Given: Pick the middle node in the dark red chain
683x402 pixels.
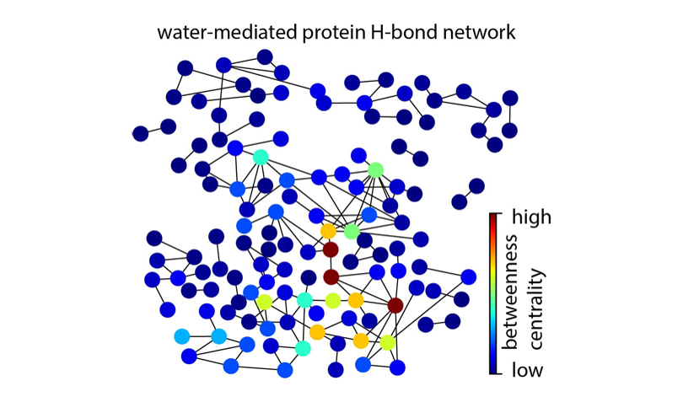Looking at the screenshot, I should [x=331, y=276].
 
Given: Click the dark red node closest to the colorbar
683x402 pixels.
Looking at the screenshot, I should [x=395, y=305].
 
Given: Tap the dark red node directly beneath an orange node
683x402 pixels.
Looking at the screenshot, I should [x=331, y=249].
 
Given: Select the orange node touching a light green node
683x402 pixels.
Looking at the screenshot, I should [x=328, y=230].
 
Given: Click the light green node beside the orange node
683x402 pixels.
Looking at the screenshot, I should [x=352, y=231].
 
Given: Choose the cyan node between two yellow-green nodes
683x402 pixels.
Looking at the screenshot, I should [x=304, y=300].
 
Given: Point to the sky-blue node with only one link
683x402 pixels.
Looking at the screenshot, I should [x=181, y=337].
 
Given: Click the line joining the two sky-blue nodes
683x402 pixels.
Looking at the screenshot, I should [x=200, y=337].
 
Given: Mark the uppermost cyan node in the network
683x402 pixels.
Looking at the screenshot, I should [x=261, y=157].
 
